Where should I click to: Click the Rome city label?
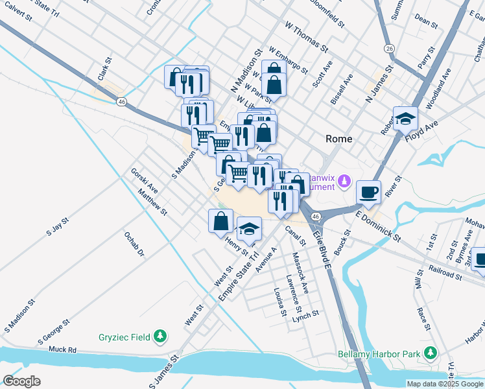(338, 139)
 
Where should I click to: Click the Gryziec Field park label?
(125, 336)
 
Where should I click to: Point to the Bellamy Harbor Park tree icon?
(429, 353)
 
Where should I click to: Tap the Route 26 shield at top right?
(388, 49)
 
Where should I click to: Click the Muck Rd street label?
(62, 349)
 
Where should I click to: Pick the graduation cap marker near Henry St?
(249, 229)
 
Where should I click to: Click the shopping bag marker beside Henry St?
(221, 221)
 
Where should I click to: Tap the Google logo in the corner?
(22, 381)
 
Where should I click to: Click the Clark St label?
(104, 69)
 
